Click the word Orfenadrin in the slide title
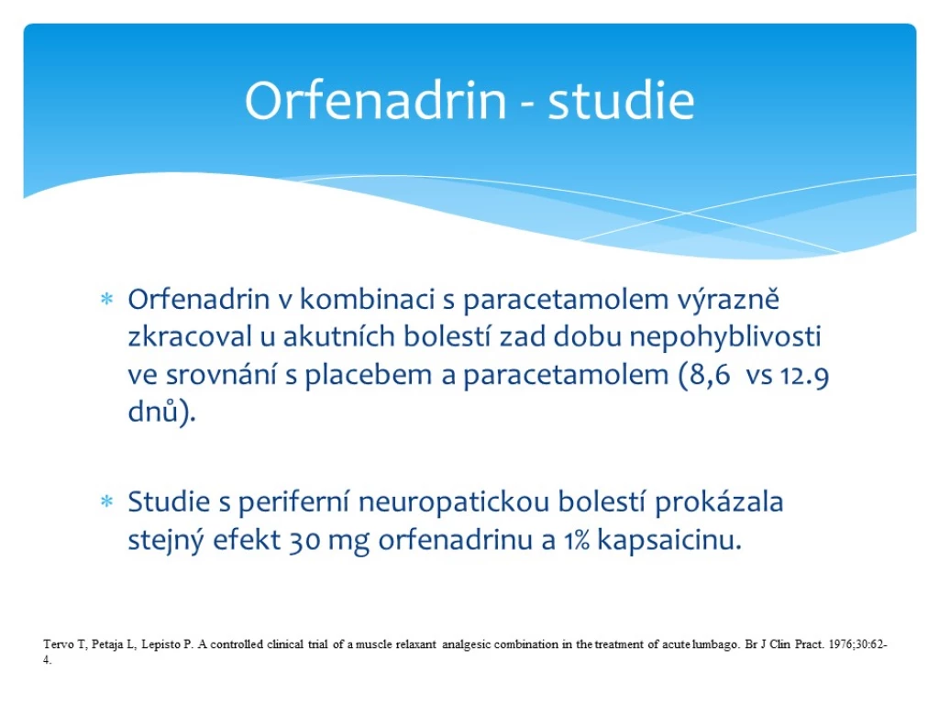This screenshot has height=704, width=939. tap(376, 100)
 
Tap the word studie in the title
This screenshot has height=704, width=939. tap(621, 100)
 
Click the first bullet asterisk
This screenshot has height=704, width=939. tap(106, 299)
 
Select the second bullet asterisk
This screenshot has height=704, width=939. tap(106, 501)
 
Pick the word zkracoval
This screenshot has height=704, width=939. tap(190, 336)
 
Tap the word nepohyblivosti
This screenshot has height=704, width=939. tap(725, 337)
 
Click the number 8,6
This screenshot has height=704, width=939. tap(711, 375)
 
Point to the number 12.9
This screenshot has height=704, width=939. tap(805, 376)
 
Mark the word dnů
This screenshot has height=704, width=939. tap(153, 412)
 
